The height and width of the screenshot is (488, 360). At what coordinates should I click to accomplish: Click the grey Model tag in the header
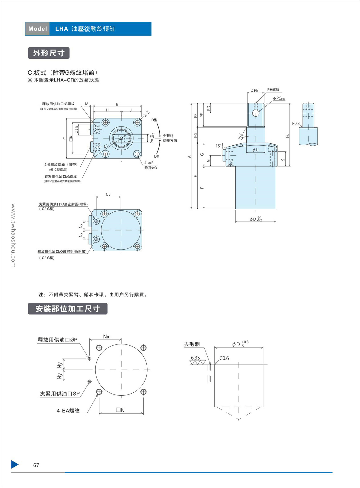tap(37, 29)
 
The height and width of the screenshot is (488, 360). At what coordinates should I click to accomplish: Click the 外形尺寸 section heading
tap(49, 53)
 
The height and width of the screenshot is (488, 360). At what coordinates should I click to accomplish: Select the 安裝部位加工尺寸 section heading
tap(67, 309)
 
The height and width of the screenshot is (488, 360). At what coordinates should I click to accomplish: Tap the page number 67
tap(36, 465)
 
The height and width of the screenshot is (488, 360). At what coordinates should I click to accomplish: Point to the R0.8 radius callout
tap(296, 123)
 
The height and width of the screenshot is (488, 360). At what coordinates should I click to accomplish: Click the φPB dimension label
tap(254, 91)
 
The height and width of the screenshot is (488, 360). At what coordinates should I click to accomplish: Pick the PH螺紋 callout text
tap(273, 90)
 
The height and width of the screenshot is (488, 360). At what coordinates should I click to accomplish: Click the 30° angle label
tap(241, 138)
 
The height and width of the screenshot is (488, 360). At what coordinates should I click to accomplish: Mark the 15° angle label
tap(218, 146)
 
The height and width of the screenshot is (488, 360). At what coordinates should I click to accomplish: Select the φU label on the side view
tap(255, 150)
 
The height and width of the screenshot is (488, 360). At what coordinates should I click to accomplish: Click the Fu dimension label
tap(287, 135)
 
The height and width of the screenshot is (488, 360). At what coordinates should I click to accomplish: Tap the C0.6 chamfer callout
tap(224, 358)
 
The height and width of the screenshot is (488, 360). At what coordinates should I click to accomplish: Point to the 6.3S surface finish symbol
tap(195, 358)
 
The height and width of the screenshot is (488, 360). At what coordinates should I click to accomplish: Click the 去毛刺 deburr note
tap(192, 344)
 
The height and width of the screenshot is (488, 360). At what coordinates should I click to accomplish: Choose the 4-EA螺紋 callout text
tap(68, 411)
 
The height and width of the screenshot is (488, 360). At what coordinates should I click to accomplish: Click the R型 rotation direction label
tap(154, 120)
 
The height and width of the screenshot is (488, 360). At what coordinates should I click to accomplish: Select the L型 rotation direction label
tap(157, 156)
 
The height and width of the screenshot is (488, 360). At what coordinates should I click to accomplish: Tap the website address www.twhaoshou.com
tap(13, 235)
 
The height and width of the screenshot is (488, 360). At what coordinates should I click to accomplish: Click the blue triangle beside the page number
tap(15, 464)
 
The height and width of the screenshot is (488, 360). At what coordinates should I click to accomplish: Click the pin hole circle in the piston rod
tap(256, 113)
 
